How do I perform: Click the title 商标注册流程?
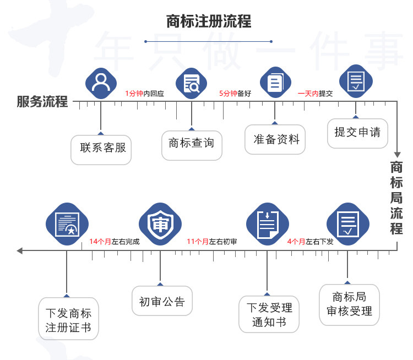[x=209, y=21]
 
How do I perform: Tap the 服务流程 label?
[x=42, y=102]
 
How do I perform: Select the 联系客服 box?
[x=101, y=148]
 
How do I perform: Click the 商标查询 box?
[x=192, y=144]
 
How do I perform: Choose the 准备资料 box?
[x=275, y=139]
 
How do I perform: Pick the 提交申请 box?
[x=357, y=132]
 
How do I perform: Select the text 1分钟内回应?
[x=144, y=94]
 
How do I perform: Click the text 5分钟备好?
[x=235, y=94]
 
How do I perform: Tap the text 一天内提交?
[x=316, y=94]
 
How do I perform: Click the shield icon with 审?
[x=160, y=224]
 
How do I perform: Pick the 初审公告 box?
[x=162, y=301]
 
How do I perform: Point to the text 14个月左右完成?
[x=115, y=242]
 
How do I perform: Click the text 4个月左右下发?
[x=311, y=242]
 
